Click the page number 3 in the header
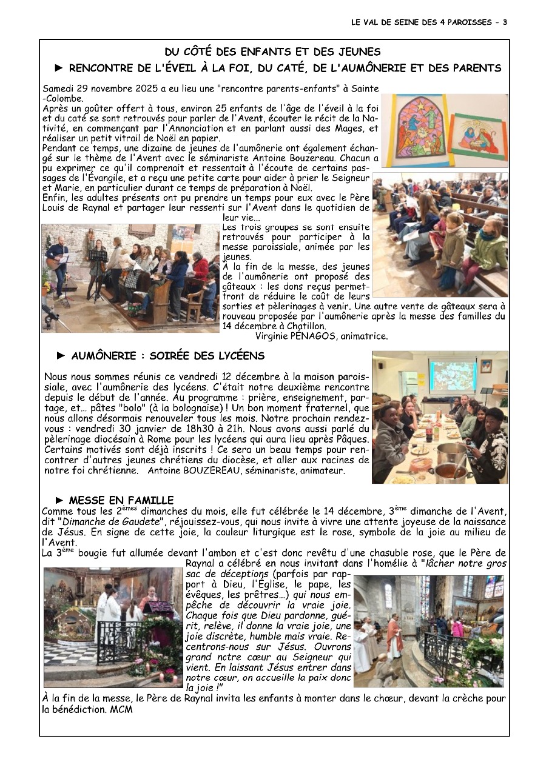[504, 22]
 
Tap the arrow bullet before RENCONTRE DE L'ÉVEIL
[59, 68]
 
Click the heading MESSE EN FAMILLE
[121, 500]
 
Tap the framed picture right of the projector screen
[487, 366]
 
